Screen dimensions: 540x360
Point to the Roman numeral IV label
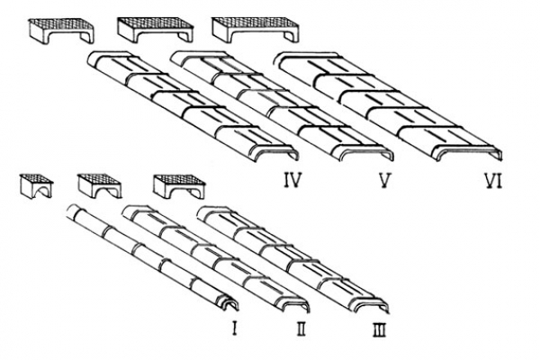[292, 180]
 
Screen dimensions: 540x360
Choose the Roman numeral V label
[383, 180]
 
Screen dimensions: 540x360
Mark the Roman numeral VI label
[493, 180]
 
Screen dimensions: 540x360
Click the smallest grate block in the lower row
[36, 186]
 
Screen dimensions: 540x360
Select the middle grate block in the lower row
[100, 185]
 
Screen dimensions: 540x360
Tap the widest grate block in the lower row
[179, 186]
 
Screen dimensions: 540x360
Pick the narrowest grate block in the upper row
[61, 31]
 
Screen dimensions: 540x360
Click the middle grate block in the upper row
[155, 30]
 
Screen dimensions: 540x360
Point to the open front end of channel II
[295, 304]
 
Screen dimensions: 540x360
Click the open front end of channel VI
[468, 153]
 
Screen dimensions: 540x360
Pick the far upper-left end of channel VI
[280, 59]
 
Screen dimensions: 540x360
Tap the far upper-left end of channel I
[71, 209]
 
